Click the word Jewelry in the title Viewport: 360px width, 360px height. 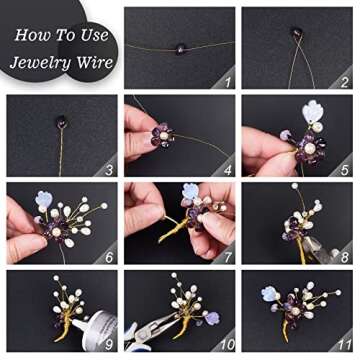tap(41, 62)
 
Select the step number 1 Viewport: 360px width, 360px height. tap(228, 82)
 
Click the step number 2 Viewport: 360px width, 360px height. tap(345, 82)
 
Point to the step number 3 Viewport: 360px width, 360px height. tap(109, 170)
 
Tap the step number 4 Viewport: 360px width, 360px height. tap(227, 170)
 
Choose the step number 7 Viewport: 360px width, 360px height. tap(227, 257)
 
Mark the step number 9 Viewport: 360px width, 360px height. tap(109, 345)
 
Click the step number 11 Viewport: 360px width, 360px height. tap(342, 345)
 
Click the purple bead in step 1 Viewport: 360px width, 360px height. tap(181, 49)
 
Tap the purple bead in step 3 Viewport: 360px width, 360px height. tap(62, 121)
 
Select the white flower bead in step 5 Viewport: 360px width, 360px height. tap(312, 112)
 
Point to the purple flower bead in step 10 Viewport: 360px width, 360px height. tap(212, 318)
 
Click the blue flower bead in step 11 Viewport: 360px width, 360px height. tap(270, 294)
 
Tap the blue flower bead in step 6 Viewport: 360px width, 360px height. tap(44, 199)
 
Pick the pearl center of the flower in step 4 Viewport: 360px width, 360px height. tap(163, 136)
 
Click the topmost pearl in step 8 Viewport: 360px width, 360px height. tap(294, 186)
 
